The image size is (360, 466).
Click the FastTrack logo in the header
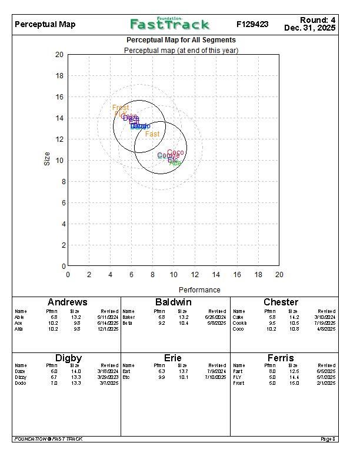pyautogui.click(x=169, y=24)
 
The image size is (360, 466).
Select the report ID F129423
pyautogui.click(x=252, y=25)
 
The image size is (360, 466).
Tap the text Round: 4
pyautogui.click(x=317, y=20)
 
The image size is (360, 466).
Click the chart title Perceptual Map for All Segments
pyautogui.click(x=181, y=40)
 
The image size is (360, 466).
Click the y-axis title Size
pyautogui.click(x=47, y=159)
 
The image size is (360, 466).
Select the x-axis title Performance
pyautogui.click(x=199, y=289)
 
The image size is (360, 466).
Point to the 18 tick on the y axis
pyautogui.click(x=59, y=76)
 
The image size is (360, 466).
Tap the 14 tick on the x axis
pyautogui.click(x=216, y=275)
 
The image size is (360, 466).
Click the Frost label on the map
pyautogui.click(x=121, y=108)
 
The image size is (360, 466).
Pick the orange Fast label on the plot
pyautogui.click(x=152, y=134)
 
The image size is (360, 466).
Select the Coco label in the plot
pyautogui.click(x=175, y=153)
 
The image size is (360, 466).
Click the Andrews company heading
pyautogui.click(x=67, y=302)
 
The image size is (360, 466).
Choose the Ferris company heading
pyautogui.click(x=281, y=358)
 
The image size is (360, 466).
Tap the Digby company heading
pyautogui.click(x=68, y=358)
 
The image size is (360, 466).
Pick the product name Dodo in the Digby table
pyautogui.click(x=20, y=383)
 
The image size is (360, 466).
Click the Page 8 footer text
pyautogui.click(x=328, y=439)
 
